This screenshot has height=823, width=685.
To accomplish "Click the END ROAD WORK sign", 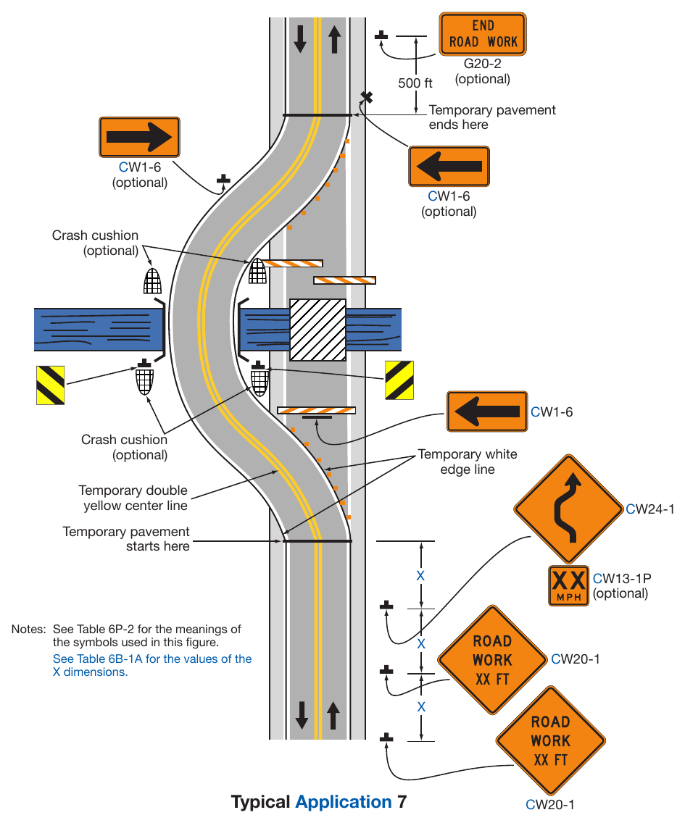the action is tap(483, 34).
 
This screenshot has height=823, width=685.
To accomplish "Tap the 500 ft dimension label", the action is tap(415, 83).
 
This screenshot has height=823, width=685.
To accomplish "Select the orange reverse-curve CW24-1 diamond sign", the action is tap(568, 509).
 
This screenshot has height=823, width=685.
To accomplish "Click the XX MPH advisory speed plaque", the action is tap(568, 586).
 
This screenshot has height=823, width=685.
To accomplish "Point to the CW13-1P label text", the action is tap(622, 578).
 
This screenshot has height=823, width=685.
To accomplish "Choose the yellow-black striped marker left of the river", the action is tap(51, 385).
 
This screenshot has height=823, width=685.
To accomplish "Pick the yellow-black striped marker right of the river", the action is tap(399, 380).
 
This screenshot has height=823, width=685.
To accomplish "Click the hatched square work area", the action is tap(317, 330).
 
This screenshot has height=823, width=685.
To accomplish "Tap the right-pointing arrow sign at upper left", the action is tap(139, 137).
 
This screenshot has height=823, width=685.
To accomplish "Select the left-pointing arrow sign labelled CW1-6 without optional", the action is tap(487, 411).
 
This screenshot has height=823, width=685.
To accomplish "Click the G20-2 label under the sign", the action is tap(482, 64).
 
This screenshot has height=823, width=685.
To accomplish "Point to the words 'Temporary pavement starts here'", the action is tap(126, 539).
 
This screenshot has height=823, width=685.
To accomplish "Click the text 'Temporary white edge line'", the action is tap(468, 462).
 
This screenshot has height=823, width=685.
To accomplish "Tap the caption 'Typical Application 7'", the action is tap(319, 802).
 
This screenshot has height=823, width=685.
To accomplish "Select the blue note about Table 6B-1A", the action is tap(151, 666).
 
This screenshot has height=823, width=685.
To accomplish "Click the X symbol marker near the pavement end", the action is tap(367, 97).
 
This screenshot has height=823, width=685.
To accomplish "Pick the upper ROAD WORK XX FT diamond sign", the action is tap(492, 660).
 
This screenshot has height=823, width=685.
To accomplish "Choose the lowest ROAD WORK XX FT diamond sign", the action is tap(550, 740).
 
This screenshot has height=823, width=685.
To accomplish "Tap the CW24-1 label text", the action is tap(649, 509).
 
